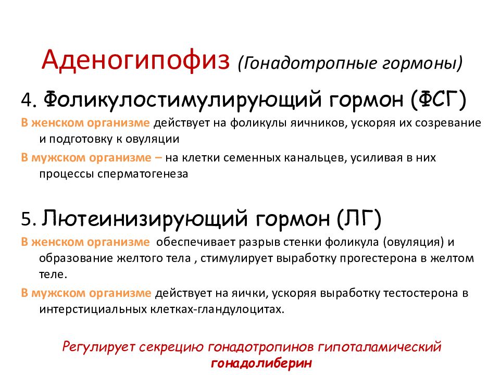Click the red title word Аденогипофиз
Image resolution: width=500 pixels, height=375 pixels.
click(136, 60)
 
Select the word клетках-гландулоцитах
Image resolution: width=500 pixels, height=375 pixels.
click(232, 309)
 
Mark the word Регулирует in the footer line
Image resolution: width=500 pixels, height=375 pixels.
click(97, 346)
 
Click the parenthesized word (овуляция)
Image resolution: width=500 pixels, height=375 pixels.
click(411, 242)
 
